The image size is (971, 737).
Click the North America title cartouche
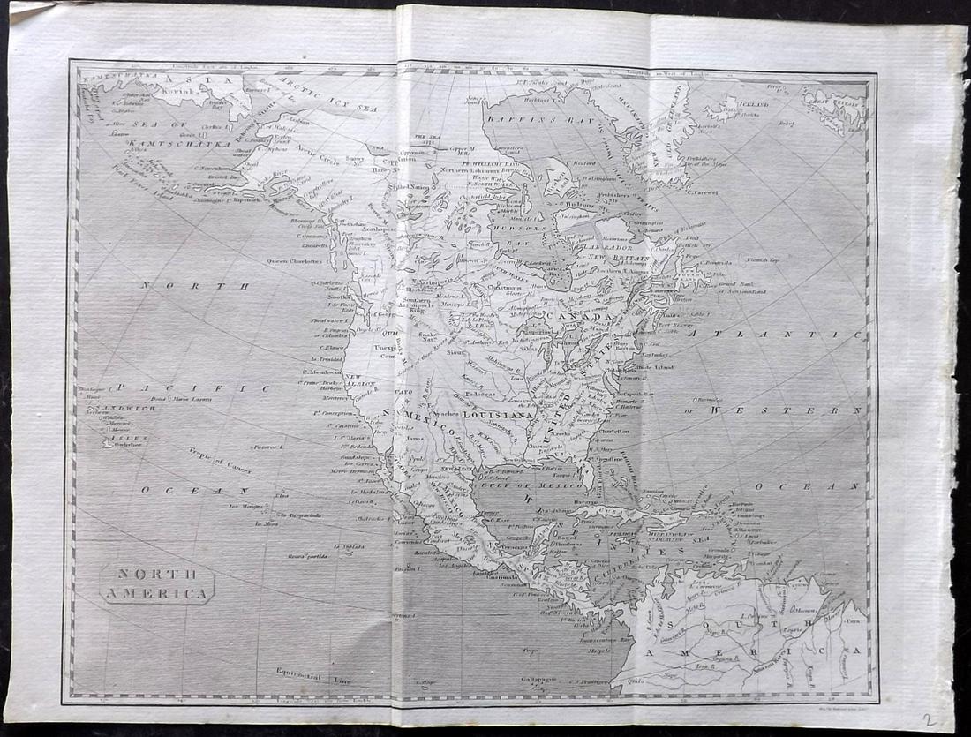click(158, 584)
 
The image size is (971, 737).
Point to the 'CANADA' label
click(578, 316)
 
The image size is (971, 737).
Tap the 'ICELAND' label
click(750, 103)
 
